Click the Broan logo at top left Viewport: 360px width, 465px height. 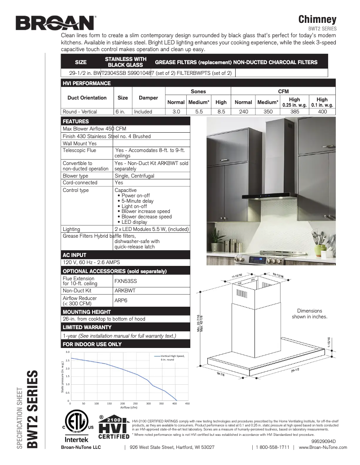point(56,22)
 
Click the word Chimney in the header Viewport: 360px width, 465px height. point(317,19)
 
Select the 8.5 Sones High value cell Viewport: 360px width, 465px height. point(221,112)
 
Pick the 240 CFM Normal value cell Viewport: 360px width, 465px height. point(243,112)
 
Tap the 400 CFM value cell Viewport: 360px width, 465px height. point(322,112)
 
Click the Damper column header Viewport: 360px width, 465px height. point(148,98)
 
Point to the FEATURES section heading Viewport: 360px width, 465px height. point(75,122)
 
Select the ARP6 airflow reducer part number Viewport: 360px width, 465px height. point(120,300)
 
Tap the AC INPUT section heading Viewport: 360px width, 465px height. point(75,255)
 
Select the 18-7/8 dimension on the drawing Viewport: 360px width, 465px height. point(221,374)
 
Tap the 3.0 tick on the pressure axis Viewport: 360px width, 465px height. point(67,352)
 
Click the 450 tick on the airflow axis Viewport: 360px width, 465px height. point(188,404)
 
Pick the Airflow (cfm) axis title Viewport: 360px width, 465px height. point(129,408)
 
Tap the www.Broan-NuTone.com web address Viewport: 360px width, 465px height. point(323,447)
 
